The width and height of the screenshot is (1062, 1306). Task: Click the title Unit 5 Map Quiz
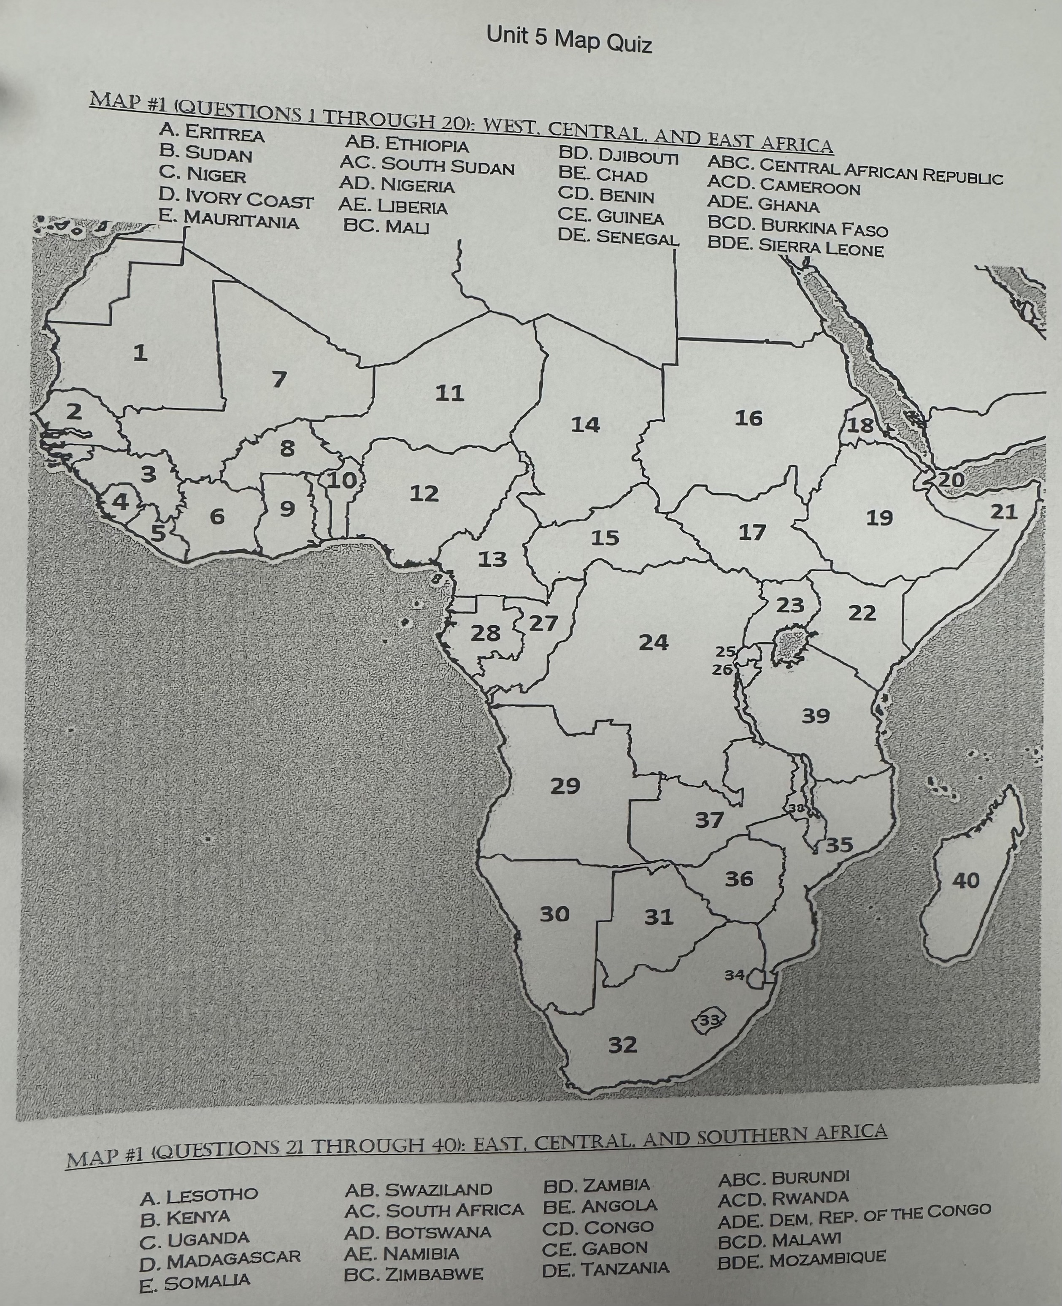click(x=569, y=41)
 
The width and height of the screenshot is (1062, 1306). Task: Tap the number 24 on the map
click(x=653, y=642)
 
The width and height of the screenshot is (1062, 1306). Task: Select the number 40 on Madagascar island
click(x=966, y=881)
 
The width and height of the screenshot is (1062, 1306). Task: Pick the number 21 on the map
click(x=1003, y=511)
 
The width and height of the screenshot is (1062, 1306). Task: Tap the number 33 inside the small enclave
click(x=709, y=1019)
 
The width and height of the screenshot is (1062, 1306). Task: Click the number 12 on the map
click(x=424, y=493)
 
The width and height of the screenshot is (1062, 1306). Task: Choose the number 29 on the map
click(x=565, y=786)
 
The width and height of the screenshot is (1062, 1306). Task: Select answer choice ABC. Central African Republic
click(x=854, y=171)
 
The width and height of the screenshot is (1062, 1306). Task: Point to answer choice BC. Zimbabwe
click(x=413, y=1275)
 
